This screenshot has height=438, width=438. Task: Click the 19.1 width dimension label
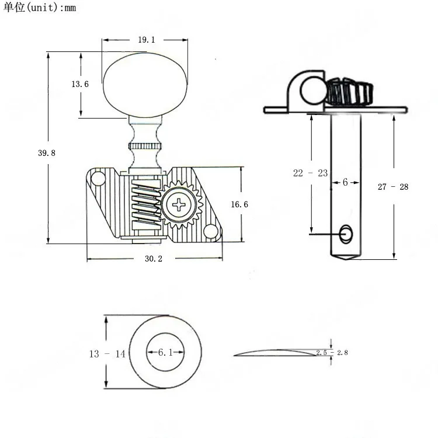pos(147,40)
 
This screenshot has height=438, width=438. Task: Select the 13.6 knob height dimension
pos(80,84)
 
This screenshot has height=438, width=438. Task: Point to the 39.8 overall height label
pos(47,153)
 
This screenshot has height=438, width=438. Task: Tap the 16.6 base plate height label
pos(239,204)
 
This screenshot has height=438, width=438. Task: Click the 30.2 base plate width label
pos(154,259)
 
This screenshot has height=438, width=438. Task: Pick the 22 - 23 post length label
pos(310,173)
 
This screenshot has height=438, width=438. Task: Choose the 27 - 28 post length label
pos(393,187)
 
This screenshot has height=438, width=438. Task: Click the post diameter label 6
pos(345,182)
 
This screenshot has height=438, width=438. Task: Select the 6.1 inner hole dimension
pos(165,352)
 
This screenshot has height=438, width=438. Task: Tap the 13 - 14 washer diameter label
pos(107,354)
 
